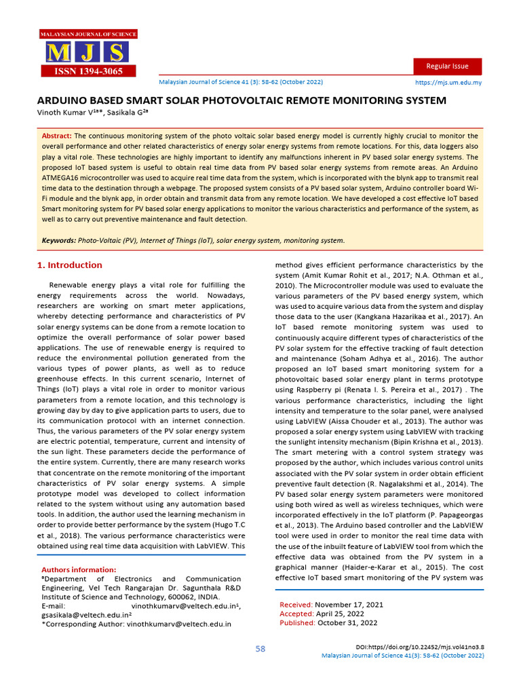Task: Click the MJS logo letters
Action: coord(86,52)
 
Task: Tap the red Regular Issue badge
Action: coord(448,66)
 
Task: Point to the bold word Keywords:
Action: coord(59,240)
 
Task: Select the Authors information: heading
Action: coord(79,569)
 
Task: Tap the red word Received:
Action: coord(296,604)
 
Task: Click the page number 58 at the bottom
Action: coord(260,649)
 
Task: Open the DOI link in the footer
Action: coord(420,647)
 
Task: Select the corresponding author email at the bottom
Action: coord(178,624)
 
